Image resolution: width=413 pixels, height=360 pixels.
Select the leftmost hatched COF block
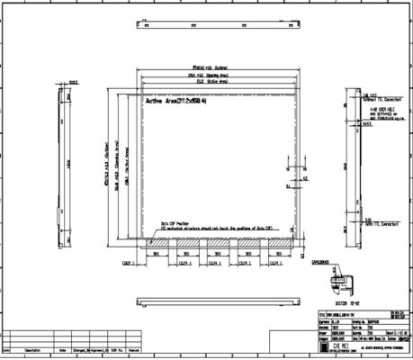coord(157,243)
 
